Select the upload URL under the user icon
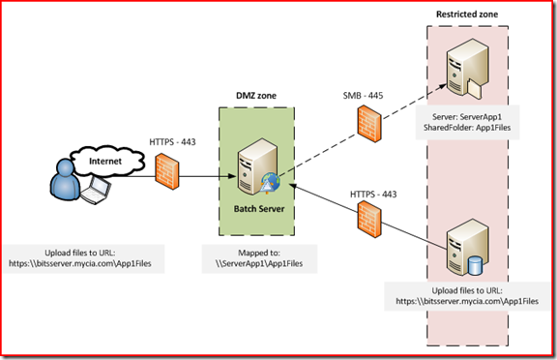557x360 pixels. pos(93,262)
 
